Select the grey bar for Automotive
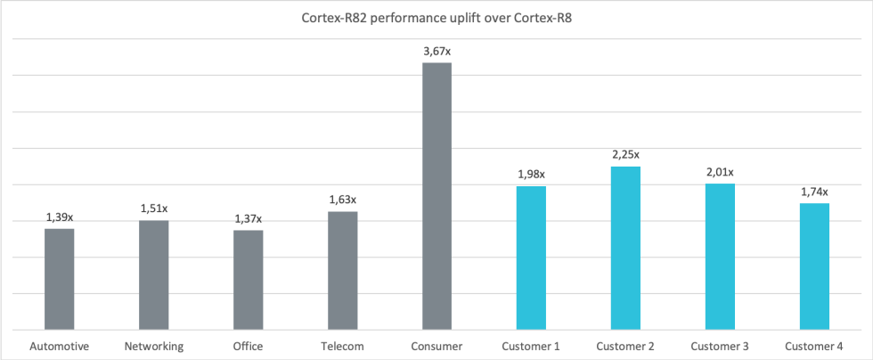(60, 279)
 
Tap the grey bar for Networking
(154, 274)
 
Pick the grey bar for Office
(249, 280)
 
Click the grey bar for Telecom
(343, 270)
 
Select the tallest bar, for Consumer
(436, 196)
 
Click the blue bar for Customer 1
(531, 258)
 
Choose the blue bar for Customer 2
(625, 248)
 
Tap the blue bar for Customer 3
(720, 257)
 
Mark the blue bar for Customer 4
(814, 266)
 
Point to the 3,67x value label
(436, 52)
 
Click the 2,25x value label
(625, 155)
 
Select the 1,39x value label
(60, 217)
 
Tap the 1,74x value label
(814, 192)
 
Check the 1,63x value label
(343, 200)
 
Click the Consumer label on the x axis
(436, 346)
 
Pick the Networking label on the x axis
(154, 346)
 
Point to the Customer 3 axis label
(720, 346)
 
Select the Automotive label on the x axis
(60, 346)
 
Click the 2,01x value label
(720, 172)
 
